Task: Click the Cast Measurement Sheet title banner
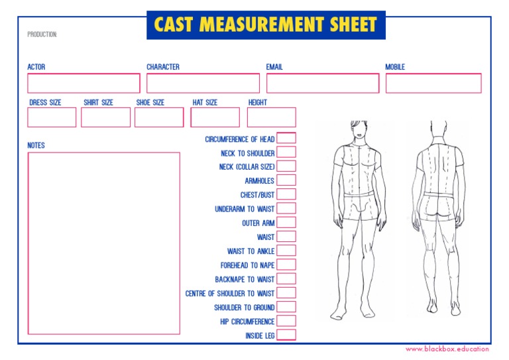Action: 265,25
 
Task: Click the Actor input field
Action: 84,83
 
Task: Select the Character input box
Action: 203,83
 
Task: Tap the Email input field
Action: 323,83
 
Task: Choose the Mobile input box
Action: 433,83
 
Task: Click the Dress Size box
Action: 52,117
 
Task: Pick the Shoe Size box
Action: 159,117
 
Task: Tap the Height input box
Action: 271,117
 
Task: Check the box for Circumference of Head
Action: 286,138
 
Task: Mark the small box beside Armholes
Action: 286,180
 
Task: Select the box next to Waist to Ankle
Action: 286,251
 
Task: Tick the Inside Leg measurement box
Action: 286,335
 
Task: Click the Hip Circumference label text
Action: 247,322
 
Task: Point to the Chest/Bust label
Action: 257,196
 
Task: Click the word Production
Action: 42,34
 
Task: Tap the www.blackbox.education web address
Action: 447,349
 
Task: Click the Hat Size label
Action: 205,103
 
